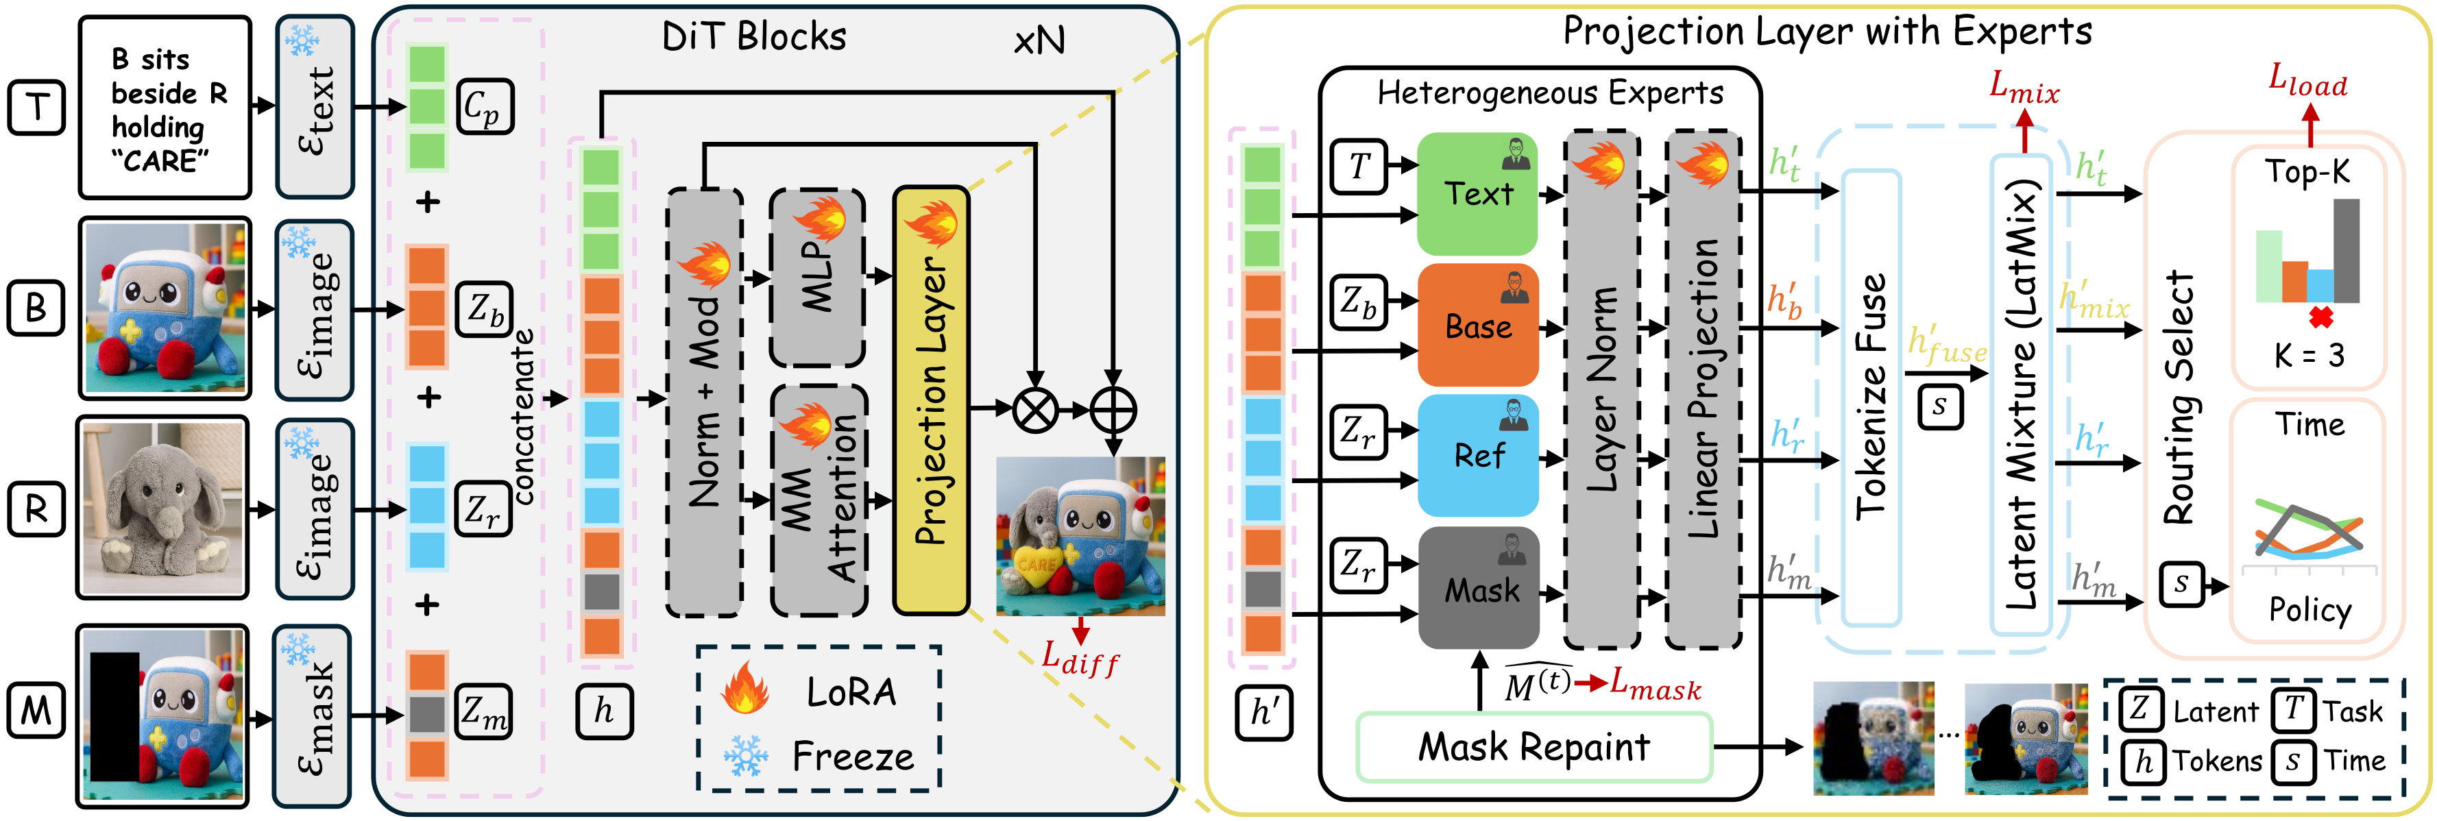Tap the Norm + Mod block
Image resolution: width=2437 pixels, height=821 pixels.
(705, 402)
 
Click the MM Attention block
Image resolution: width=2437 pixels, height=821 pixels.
(819, 500)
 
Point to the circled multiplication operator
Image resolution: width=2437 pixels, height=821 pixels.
(1036, 410)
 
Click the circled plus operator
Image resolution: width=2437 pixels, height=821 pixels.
(1113, 410)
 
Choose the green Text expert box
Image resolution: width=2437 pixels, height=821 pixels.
(1478, 194)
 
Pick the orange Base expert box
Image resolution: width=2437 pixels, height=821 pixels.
(1478, 326)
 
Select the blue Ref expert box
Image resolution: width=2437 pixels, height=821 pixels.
(1478, 455)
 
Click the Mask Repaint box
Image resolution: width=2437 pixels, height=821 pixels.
(1533, 747)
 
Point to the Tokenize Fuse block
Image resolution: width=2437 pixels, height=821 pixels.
(1871, 397)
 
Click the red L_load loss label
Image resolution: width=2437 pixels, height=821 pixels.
(2307, 82)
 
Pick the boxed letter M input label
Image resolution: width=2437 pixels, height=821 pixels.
(36, 709)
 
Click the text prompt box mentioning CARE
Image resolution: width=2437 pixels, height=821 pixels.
(166, 108)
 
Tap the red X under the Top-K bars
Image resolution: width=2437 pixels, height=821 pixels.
(2320, 318)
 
